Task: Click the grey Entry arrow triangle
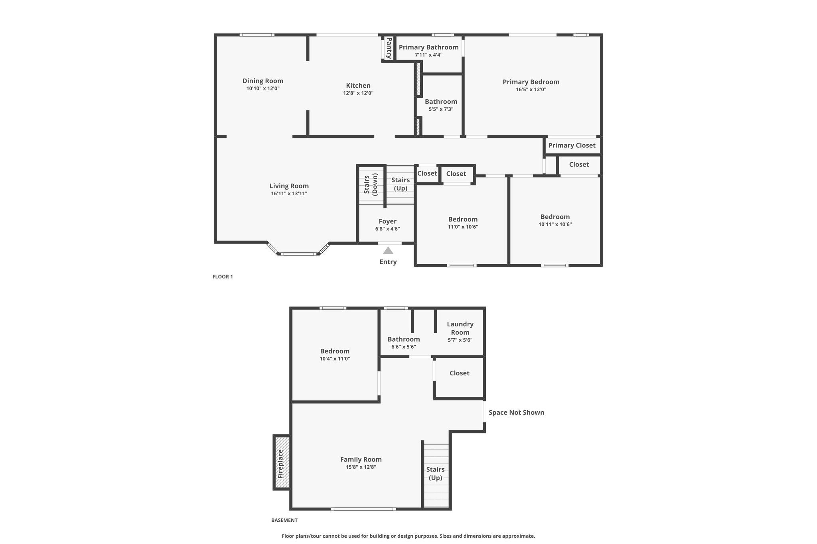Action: tap(388, 250)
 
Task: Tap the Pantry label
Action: tap(389, 48)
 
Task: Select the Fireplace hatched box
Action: tap(282, 462)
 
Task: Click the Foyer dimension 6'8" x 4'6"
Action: tap(387, 229)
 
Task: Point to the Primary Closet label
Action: tap(572, 145)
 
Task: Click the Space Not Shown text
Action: tap(516, 412)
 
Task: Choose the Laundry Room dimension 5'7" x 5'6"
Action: tap(460, 340)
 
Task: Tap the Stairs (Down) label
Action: tap(371, 184)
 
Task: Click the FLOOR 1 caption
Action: tap(223, 277)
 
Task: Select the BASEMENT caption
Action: tap(284, 520)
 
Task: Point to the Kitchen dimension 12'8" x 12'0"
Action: tap(358, 93)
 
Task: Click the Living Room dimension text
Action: tap(289, 194)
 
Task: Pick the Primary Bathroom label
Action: tap(428, 47)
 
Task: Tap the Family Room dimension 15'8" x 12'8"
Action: tap(361, 467)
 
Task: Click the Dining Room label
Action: tap(263, 81)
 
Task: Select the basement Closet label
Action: tap(460, 373)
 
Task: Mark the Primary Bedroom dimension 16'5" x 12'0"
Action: tap(531, 90)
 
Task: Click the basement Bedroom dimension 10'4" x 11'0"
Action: tap(335, 359)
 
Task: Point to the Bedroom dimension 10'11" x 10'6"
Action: tap(555, 224)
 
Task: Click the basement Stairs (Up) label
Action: tap(435, 473)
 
